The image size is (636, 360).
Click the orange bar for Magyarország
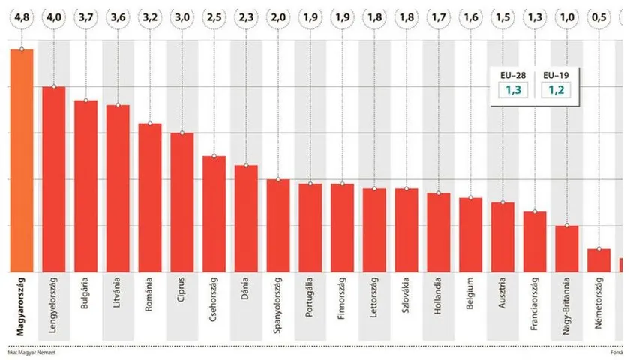coord(22,160)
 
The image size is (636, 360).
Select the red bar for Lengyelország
coord(54,179)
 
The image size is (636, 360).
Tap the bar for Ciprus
coord(182,202)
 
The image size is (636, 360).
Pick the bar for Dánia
coord(246,218)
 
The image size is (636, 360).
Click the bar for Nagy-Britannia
coord(567,248)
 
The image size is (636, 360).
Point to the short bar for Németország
coord(598,260)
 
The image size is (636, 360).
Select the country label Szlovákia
coord(406,297)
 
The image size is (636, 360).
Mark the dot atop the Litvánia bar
coord(118,105)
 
